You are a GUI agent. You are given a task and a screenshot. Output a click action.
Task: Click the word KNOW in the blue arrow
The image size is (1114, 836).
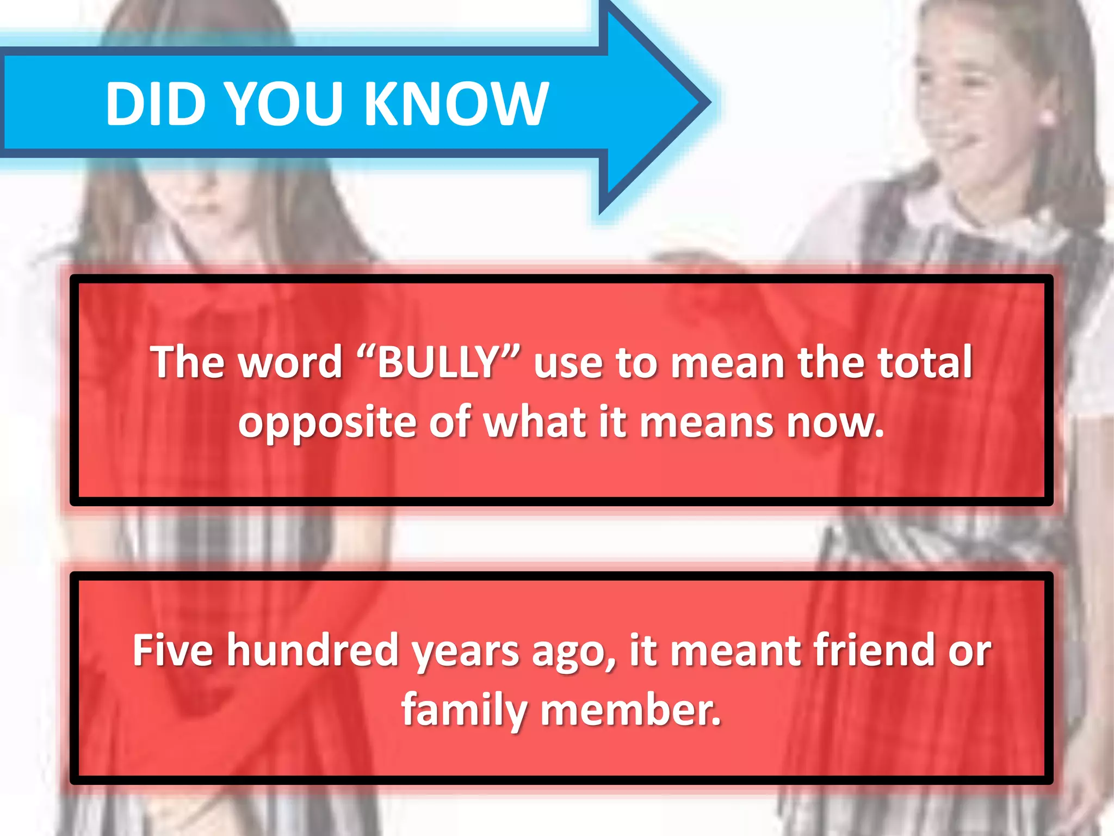tap(456, 103)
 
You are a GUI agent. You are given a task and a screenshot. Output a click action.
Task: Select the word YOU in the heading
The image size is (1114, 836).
tap(284, 103)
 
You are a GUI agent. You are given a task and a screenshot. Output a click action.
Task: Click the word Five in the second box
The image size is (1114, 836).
tap(172, 650)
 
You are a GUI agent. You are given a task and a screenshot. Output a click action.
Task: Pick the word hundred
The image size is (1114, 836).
tap(313, 650)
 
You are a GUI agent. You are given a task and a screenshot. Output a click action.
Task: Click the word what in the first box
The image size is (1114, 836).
tap(536, 422)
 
